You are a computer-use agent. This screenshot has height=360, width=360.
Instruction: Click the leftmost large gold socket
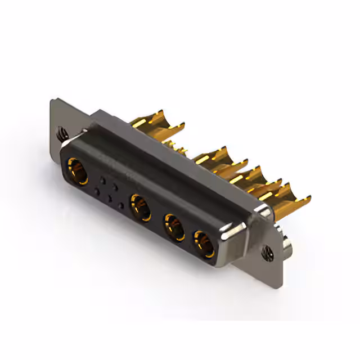coord(78,170)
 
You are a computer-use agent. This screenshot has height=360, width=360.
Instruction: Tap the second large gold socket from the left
coord(140,206)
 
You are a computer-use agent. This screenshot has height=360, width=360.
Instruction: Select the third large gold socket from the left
coord(174,227)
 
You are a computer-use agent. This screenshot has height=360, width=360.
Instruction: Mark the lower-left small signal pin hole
coord(97,192)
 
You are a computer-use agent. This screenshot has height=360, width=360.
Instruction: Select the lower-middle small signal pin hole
coord(109,199)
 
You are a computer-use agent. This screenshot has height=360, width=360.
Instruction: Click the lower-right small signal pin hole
coord(121,205)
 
